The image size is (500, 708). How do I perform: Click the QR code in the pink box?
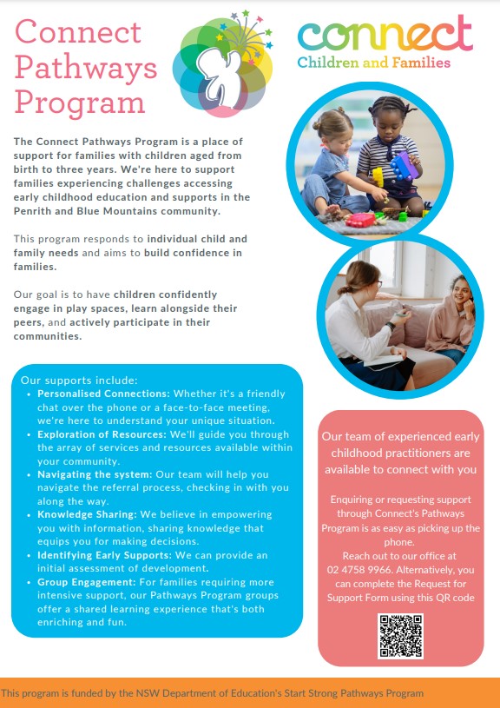pos(400,635)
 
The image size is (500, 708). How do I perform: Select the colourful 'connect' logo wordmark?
pos(385,35)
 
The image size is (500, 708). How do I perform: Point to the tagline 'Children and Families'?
pos(374,63)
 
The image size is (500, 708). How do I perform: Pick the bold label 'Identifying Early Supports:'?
pos(105,554)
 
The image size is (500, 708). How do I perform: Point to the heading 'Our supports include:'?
pos(78,380)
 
